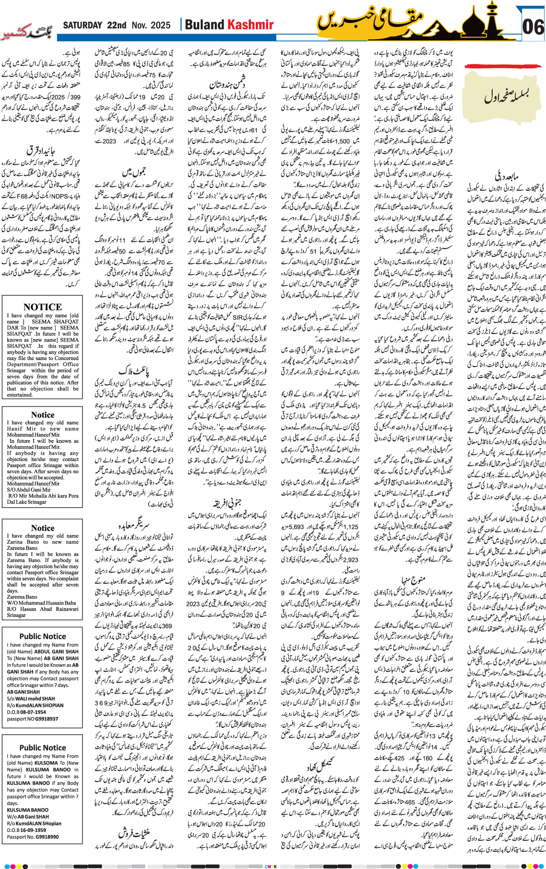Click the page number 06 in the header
(x=533, y=27)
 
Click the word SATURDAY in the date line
(x=82, y=25)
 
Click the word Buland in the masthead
(x=205, y=25)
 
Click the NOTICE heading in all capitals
(x=42, y=307)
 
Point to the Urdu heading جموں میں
(x=134, y=171)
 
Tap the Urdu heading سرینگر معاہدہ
(x=134, y=525)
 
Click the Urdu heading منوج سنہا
(x=413, y=579)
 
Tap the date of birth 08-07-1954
(x=33, y=712)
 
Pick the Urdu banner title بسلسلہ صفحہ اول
(x=506, y=95)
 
